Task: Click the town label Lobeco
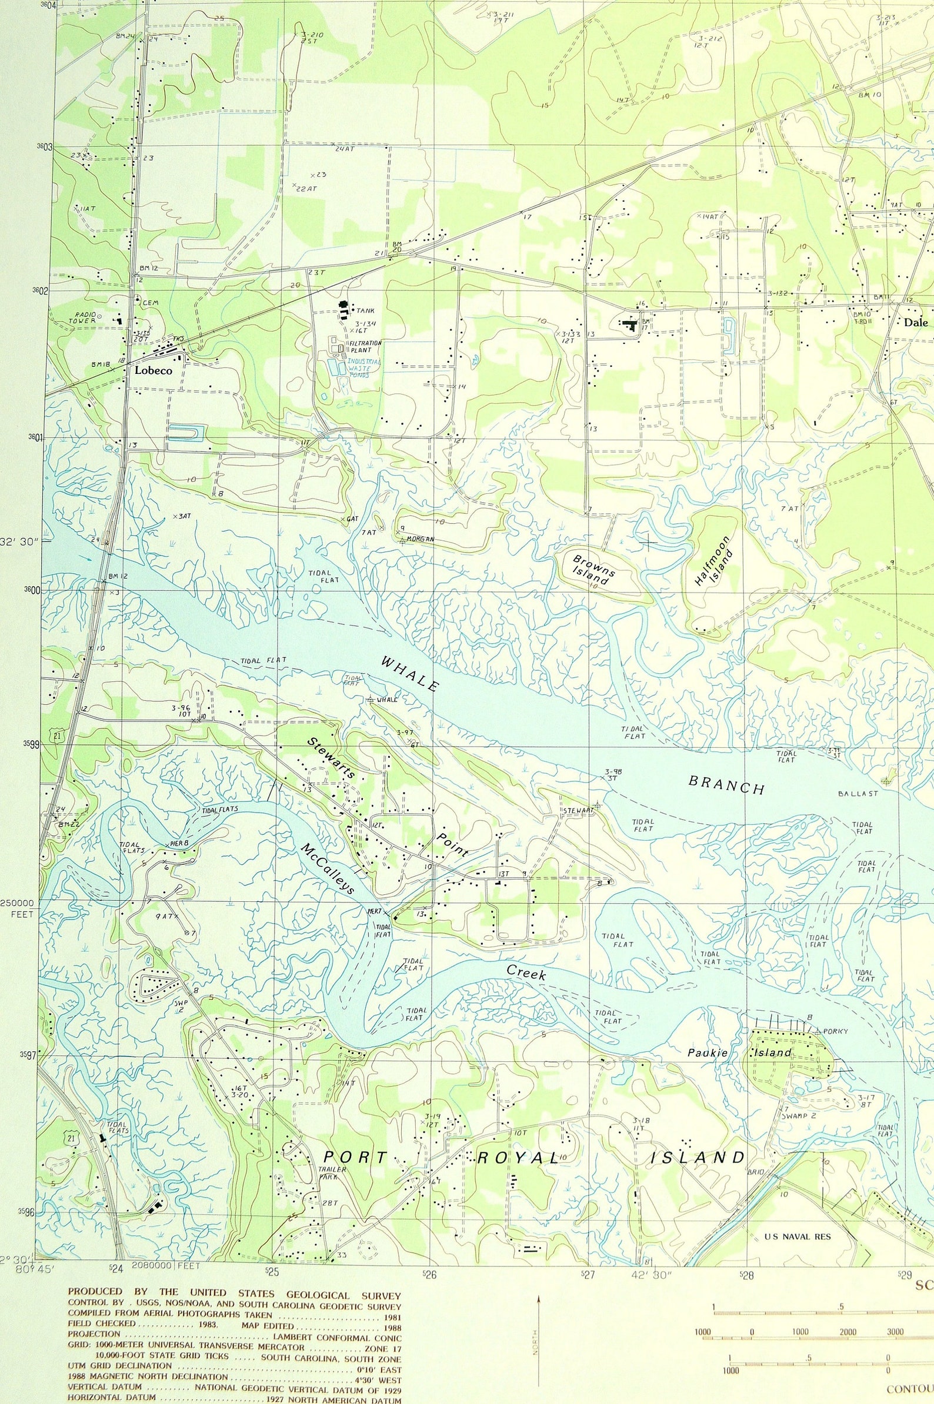coord(153,370)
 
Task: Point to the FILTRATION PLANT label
coord(365,346)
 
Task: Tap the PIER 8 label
coord(179,843)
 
